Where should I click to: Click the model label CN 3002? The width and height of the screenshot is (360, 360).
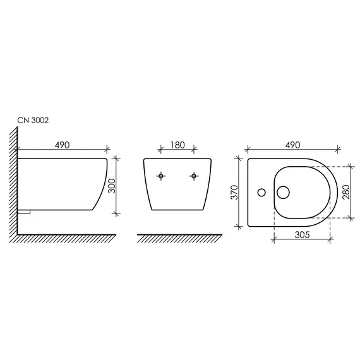33,120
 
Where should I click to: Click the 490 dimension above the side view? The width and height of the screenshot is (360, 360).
62,145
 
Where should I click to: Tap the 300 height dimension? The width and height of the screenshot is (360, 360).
112,186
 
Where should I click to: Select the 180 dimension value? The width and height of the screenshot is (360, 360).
177,145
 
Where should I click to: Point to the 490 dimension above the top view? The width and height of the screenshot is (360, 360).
292,145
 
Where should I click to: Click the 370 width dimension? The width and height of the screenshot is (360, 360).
234,192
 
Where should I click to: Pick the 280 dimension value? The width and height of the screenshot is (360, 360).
346,192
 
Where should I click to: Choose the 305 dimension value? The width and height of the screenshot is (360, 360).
302,235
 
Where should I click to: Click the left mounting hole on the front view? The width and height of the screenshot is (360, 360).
161,176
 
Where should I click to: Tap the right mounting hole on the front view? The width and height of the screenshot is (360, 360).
194,176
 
